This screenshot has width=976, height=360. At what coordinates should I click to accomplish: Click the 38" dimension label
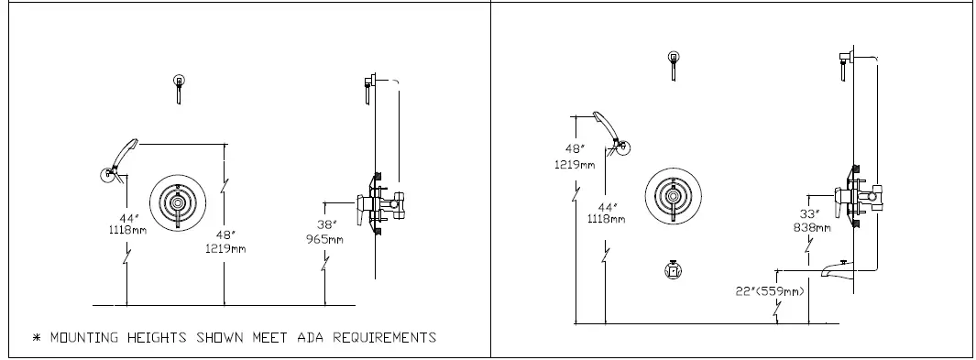(327, 224)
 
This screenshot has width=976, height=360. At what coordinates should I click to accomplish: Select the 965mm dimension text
(324, 239)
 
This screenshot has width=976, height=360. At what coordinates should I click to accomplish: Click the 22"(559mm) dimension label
(771, 291)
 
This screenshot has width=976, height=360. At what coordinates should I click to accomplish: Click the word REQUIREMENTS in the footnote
(384, 337)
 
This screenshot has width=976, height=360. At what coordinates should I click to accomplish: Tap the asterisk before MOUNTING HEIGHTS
(38, 338)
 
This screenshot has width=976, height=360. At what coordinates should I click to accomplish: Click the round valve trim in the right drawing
(674, 196)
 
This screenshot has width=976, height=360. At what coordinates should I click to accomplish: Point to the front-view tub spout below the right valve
(674, 269)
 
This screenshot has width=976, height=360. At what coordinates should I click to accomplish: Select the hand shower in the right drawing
(610, 129)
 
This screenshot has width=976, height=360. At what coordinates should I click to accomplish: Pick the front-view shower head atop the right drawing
(674, 63)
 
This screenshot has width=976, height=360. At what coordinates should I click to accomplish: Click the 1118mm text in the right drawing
(607, 219)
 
